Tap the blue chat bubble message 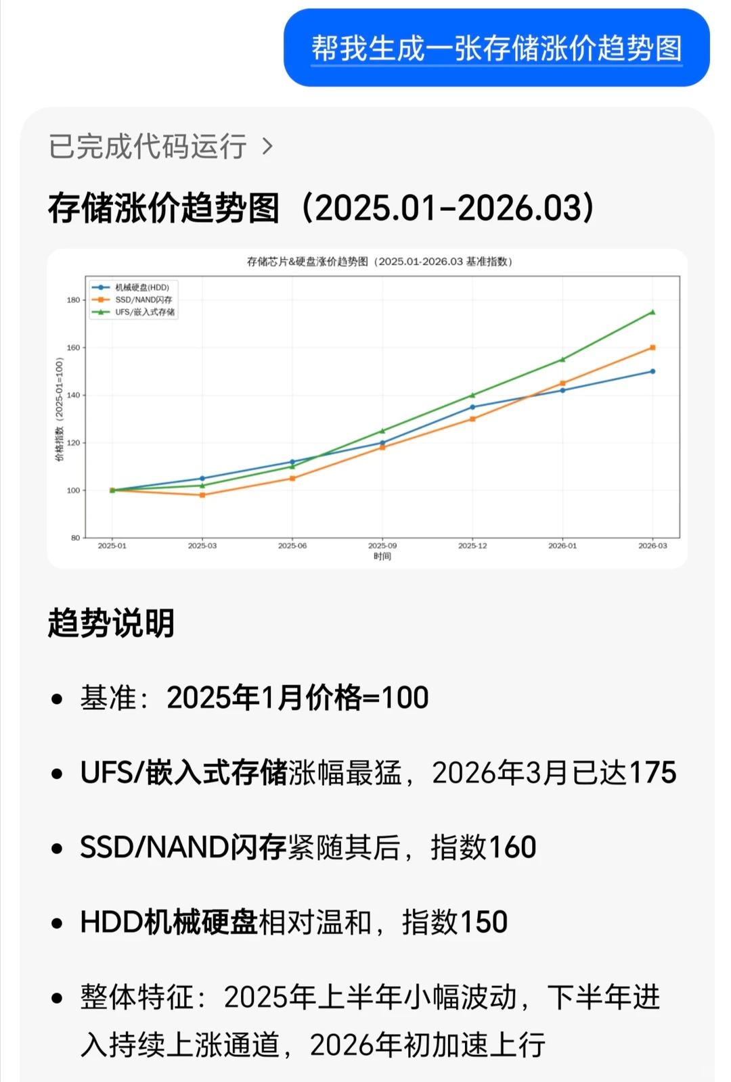496,48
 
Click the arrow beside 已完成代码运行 267,146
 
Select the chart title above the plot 379,262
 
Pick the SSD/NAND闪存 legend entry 143,300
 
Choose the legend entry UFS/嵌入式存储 145,312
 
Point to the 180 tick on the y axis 73,300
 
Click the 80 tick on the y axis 75,538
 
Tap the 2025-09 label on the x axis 382,546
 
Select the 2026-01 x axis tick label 562,546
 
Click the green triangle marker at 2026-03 652,312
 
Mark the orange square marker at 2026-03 652,348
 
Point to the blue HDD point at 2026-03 652,371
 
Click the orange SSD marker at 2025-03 202,495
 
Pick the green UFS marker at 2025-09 382,431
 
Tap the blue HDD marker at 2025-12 472,407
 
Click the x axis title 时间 382,557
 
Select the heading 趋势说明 112,623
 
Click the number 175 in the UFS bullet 652,772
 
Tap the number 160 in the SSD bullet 512,847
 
